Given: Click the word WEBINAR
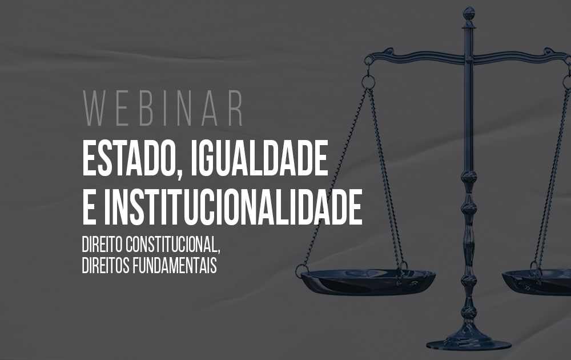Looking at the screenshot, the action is pos(163,108).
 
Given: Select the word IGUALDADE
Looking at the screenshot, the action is pos(259,158).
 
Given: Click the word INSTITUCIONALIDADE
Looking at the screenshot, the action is pos(233,207).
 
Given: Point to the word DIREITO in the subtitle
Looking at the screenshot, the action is pos(102,245).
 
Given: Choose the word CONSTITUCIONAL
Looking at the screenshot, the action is pos(171,245).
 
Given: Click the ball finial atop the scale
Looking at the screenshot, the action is pos(469,14).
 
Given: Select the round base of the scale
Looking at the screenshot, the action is pos(469,343).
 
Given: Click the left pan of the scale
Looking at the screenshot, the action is pos(368,281).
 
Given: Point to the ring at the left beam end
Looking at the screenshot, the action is pos(368,82).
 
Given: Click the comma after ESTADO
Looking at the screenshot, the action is pos(179,175).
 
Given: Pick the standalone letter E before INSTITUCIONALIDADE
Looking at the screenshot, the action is pos(90,207).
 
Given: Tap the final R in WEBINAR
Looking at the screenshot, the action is pos(236,108).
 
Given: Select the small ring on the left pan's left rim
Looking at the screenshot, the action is pos(301,271).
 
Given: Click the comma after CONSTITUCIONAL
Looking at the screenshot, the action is pos(219,251).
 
